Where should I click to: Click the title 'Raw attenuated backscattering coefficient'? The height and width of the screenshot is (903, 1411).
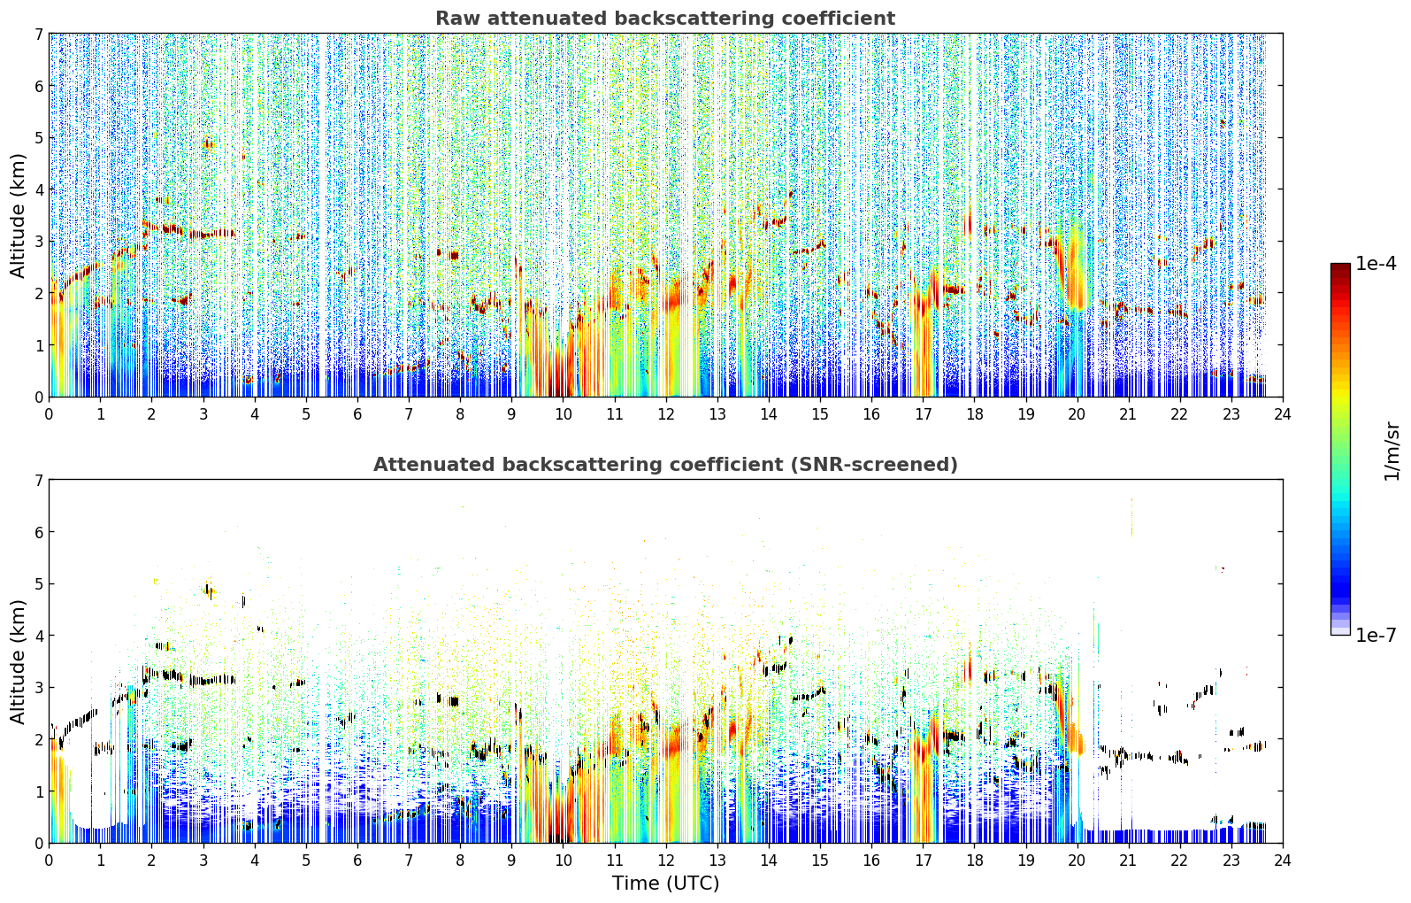point(665,19)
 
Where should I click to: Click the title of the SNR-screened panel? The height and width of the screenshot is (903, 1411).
point(665,465)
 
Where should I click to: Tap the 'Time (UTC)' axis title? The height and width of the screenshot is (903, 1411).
point(665,884)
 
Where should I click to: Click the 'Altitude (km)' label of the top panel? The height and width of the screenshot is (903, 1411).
point(18,216)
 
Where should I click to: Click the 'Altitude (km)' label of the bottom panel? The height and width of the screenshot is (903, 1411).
point(18,661)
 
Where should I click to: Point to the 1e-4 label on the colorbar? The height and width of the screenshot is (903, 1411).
point(1376,264)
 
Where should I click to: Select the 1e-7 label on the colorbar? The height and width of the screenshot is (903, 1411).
point(1376,635)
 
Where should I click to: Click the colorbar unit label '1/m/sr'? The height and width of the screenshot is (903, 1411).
point(1392,451)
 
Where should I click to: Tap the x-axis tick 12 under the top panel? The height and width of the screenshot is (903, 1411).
point(666,414)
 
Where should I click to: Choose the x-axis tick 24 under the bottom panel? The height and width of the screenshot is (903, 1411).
point(1283,861)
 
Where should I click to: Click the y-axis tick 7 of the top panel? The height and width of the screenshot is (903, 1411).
point(39,34)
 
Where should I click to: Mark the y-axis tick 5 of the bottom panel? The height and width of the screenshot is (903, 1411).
point(39,584)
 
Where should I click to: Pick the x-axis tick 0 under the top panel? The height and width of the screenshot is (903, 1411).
point(50,414)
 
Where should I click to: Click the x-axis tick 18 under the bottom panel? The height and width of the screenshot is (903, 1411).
point(975,861)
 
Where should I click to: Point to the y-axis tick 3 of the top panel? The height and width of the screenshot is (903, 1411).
point(39,242)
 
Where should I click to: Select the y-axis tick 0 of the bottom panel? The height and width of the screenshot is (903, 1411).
point(39,843)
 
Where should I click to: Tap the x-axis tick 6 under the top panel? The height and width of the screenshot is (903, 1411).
point(357,414)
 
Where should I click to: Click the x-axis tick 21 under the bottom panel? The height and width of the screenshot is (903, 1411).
point(1128,861)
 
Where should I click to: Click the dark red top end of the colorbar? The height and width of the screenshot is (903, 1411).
point(1340,266)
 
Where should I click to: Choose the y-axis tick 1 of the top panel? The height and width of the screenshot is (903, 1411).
point(39,345)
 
